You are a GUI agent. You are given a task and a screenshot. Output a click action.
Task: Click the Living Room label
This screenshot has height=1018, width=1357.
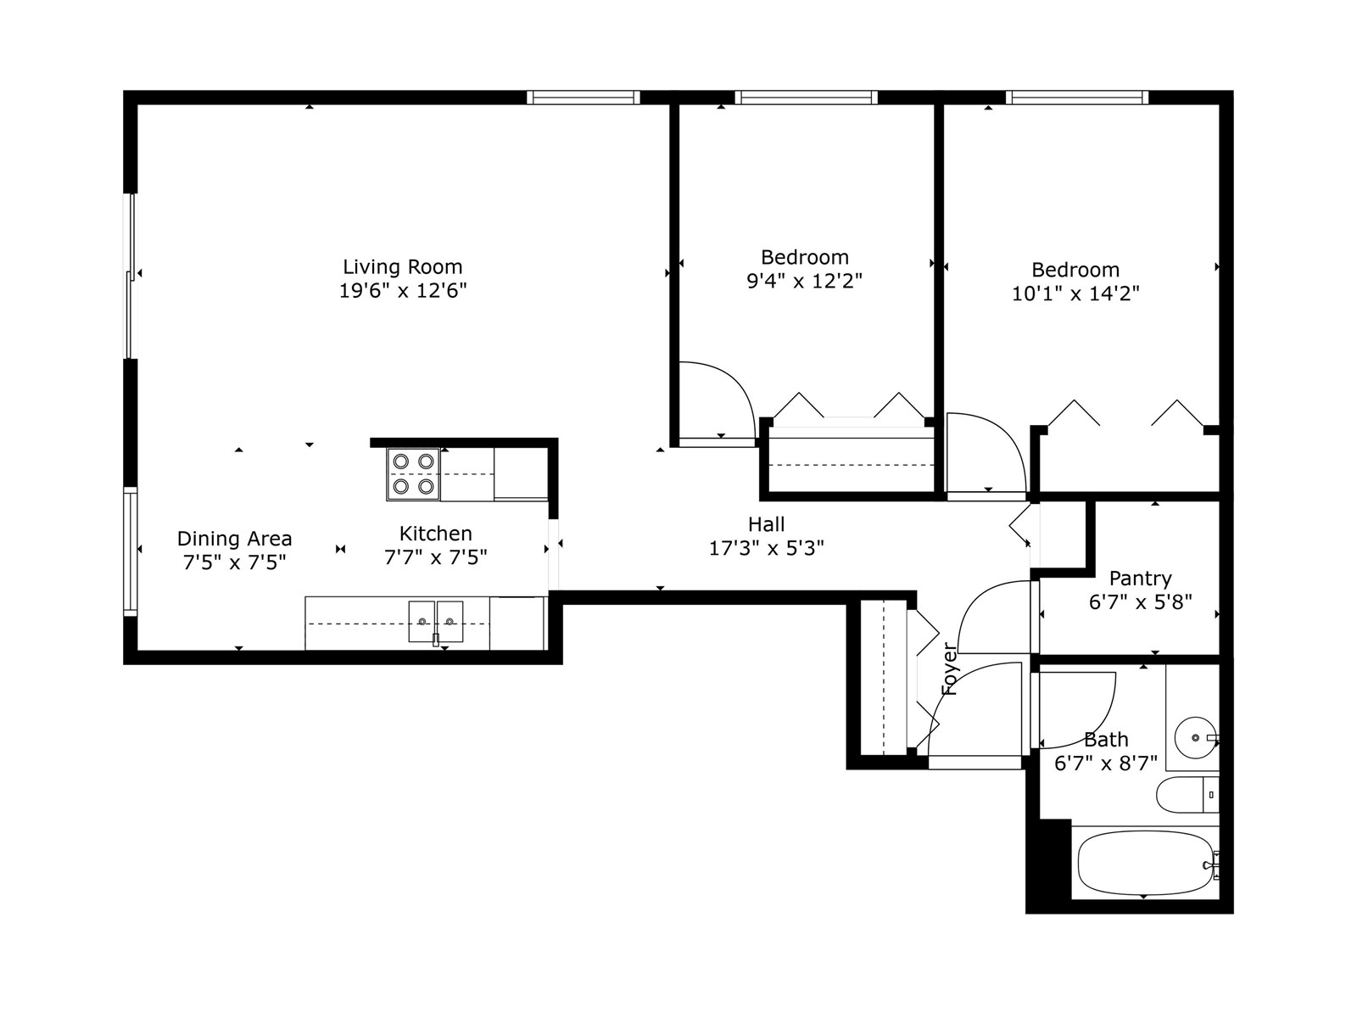pos(402,267)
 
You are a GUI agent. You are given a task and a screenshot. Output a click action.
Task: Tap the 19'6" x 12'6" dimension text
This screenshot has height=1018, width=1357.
pos(402,291)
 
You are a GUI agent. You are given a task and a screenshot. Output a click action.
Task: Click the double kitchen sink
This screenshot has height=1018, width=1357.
pos(436,622)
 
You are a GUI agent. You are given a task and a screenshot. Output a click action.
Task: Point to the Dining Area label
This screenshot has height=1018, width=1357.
pos(234,539)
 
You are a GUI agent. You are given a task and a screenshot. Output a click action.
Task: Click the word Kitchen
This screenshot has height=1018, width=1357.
pos(435,534)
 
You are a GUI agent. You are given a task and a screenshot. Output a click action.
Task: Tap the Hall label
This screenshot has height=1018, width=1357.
pos(766,524)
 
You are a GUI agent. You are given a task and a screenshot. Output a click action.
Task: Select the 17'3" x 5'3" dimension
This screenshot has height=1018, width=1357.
pos(766,548)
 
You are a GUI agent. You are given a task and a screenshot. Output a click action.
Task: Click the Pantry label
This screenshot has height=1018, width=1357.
pos(1140,579)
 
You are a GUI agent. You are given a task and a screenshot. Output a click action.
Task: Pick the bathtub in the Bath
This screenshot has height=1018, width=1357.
pos(1145,863)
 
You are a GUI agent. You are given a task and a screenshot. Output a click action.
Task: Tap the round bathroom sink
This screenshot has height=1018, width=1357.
pos(1195,737)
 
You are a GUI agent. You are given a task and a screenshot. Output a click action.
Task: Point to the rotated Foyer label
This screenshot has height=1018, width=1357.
pos(950,669)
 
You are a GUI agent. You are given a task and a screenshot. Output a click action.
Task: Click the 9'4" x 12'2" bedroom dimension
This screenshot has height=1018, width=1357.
pos(804,281)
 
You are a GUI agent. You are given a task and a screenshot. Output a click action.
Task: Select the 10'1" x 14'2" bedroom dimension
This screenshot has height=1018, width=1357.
pos(1075,294)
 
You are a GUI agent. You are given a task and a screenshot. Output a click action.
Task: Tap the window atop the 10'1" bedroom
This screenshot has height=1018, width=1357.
pos(1076,98)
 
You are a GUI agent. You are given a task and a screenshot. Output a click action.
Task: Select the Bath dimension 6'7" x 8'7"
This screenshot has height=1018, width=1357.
pos(1105,763)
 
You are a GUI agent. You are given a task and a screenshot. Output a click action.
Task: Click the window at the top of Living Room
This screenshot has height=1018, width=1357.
pos(583,98)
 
